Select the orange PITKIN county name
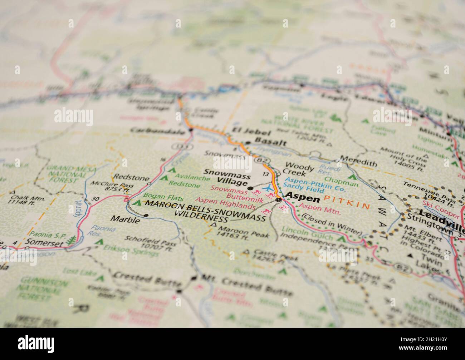click(x=347, y=205)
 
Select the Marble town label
click(x=125, y=219)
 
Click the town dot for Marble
click(x=146, y=215)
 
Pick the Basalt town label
click(x=270, y=143)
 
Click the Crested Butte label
click(x=148, y=279)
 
